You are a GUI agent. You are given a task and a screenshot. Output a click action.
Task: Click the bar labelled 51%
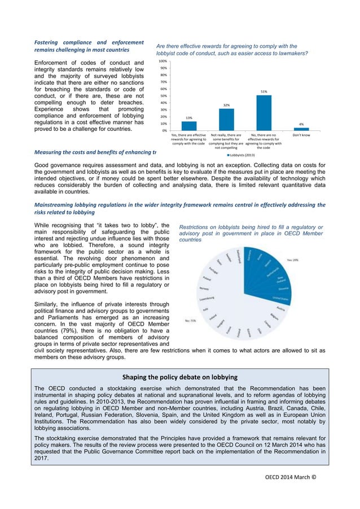point(264,113)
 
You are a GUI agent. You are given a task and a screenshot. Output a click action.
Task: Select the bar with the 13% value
point(189,126)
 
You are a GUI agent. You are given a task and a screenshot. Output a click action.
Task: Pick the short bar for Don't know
point(301,129)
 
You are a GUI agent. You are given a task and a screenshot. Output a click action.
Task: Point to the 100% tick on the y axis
point(163,61)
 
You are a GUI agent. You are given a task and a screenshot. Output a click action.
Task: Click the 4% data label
point(301,124)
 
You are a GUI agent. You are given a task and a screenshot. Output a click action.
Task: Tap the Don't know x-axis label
point(301,135)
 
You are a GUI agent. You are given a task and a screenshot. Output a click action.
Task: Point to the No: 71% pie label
point(191,320)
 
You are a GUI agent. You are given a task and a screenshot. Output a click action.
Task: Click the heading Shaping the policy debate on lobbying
point(180,376)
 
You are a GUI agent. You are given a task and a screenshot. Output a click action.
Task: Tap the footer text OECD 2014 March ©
point(291,476)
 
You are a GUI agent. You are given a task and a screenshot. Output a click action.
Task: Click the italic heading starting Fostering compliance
point(89,46)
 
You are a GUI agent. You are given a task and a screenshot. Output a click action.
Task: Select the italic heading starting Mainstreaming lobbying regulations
point(180,208)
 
